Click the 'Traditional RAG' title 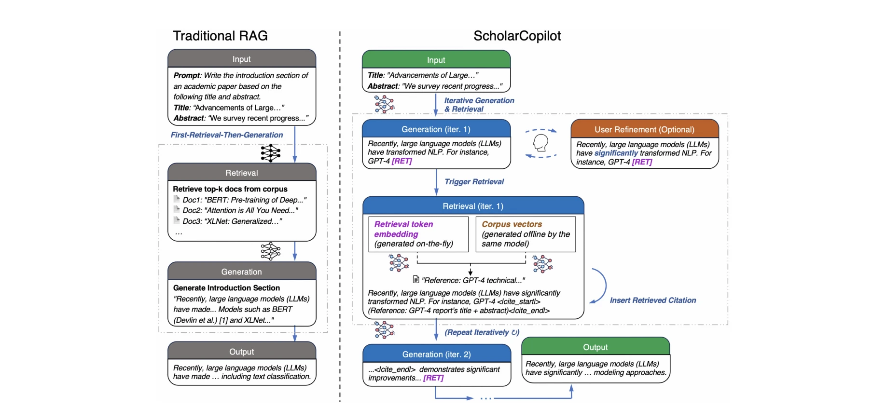point(220,36)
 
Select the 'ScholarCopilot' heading point(517,36)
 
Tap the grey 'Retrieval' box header point(241,173)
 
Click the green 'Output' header point(595,347)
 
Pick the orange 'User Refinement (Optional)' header point(644,129)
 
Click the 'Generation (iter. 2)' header point(436,354)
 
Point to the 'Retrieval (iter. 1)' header point(472,206)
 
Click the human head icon point(540,143)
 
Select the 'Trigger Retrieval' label point(474,182)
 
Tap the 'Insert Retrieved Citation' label point(652,300)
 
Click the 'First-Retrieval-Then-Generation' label point(227,135)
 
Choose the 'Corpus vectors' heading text point(512,224)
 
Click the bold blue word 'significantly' point(616,153)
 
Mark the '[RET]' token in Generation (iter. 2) point(433,378)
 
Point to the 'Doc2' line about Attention point(240,210)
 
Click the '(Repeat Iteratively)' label point(481,332)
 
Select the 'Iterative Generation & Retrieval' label point(479,105)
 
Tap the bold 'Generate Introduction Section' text point(226,288)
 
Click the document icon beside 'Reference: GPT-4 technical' point(416,280)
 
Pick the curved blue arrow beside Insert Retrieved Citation point(599,286)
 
